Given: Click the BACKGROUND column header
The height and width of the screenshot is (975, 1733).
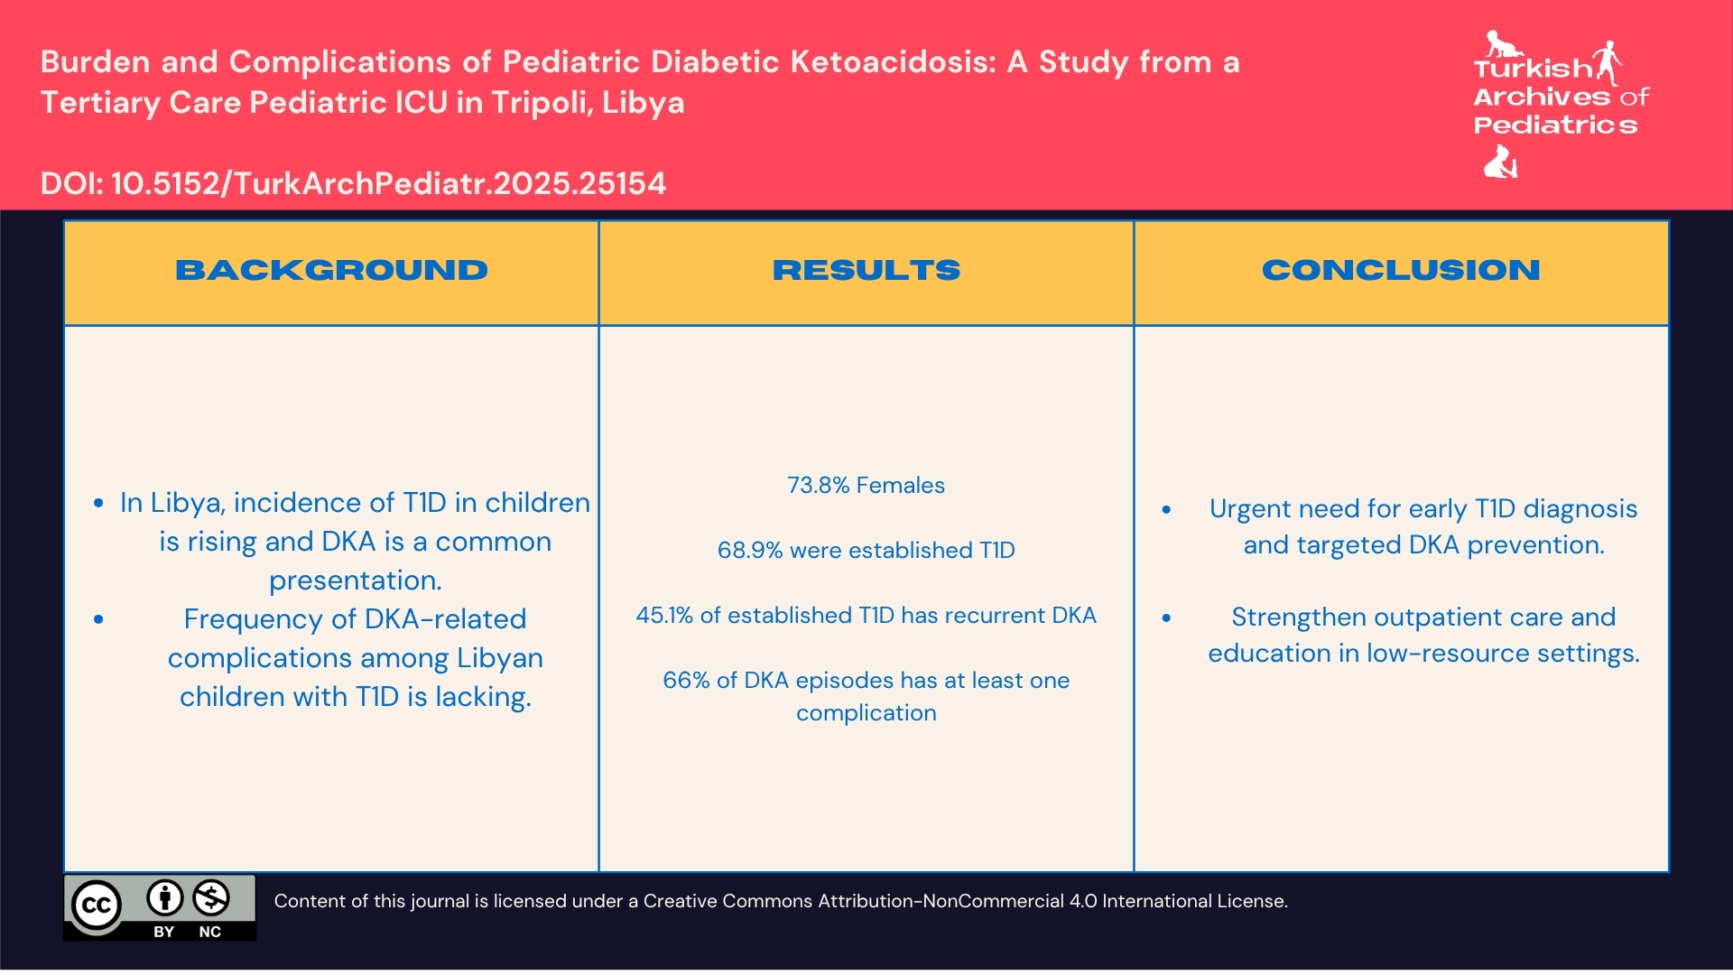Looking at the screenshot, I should pos(331,270).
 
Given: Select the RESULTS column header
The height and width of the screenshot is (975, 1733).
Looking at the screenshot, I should pos(866,270).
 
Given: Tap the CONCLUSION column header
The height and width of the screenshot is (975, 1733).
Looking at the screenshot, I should pos(1400,270).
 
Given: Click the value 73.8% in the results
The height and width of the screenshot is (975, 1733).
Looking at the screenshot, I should pos(818,486).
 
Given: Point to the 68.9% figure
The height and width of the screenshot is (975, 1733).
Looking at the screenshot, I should pos(749,551).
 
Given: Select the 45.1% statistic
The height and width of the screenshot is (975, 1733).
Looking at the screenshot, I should pos(664,616).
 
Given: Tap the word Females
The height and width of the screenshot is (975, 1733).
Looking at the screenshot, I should pos(900,486).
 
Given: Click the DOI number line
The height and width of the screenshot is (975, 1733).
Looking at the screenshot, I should pos(353,184).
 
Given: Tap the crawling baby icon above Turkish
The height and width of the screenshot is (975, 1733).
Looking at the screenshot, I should pos(1501,43).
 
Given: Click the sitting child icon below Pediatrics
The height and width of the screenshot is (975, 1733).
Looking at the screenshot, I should pos(1501,162).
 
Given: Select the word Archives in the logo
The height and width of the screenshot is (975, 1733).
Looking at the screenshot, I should pos(1542,97).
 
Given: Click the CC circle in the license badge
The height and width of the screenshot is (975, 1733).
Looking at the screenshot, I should pos(97,905).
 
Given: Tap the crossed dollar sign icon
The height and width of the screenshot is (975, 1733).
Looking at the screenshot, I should pos(210,898).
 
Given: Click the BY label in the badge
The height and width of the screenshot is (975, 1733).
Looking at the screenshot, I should pos(163,932).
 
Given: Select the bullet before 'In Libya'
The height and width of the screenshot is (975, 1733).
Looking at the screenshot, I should pos(98,504).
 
